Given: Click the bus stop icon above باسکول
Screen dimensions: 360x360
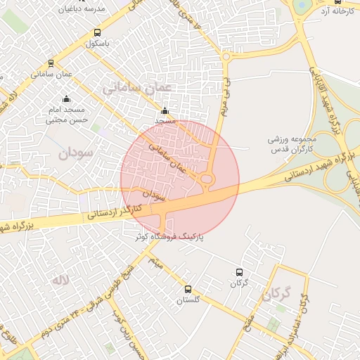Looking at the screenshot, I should tap(97, 32).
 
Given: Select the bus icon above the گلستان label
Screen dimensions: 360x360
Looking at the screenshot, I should tap(188, 289).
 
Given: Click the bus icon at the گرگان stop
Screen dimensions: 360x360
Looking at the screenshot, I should tap(239, 272).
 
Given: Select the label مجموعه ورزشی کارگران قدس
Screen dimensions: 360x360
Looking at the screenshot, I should tap(292, 143).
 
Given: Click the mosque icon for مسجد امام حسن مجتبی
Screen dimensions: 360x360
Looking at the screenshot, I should tap(66, 99).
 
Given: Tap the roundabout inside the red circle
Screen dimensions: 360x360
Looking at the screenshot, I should tap(207, 180).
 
